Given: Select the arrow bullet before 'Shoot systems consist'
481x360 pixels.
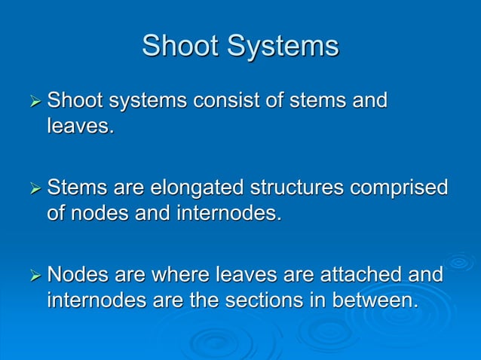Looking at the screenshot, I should point(32,101).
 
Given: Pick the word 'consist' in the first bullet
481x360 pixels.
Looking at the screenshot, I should point(224,100).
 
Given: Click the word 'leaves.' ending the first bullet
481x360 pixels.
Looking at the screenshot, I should point(81,126).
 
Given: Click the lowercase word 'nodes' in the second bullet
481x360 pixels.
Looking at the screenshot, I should point(100,212).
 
